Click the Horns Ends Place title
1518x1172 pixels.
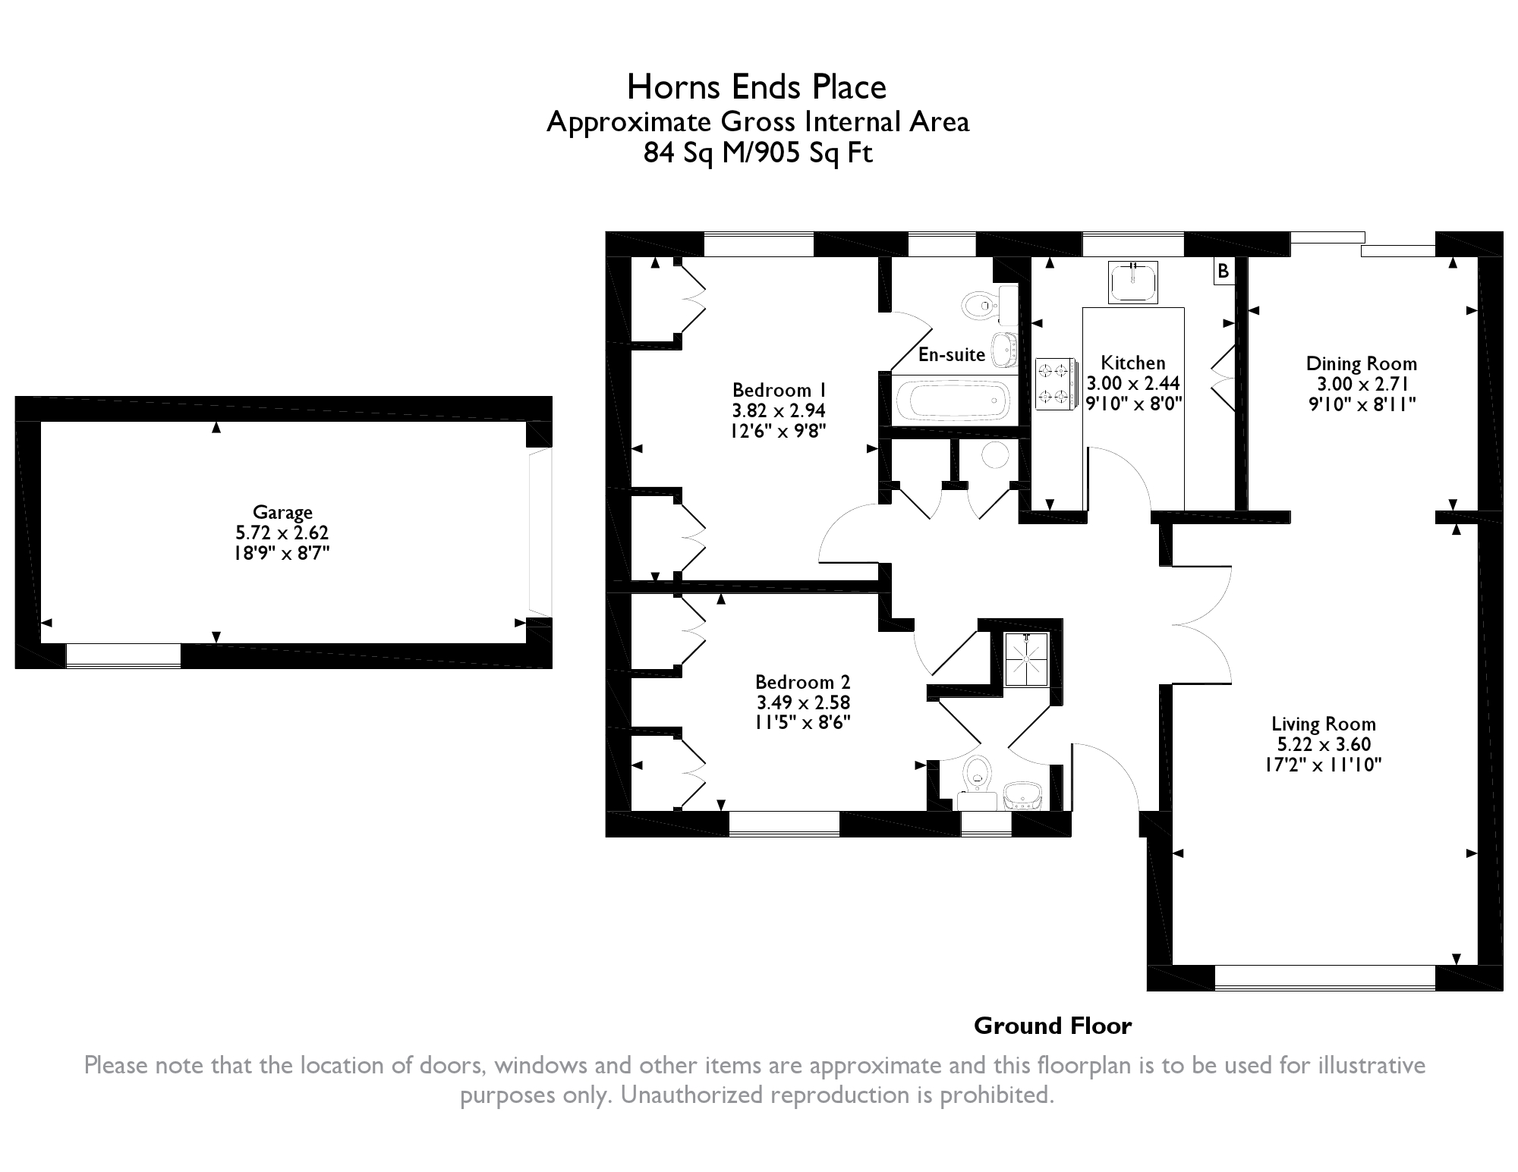pos(756,87)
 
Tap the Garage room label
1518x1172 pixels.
pos(282,513)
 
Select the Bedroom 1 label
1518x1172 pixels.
pos(779,390)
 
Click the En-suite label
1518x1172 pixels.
pos(952,354)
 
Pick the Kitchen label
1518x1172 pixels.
pos(1132,363)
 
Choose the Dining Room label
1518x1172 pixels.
pos(1361,363)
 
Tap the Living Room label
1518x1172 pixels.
pos(1324,724)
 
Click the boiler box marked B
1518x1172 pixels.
pos(1223,271)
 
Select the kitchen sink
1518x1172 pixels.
pos(1133,281)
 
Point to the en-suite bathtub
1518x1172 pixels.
pos(953,399)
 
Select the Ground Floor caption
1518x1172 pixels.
pos(1053,1026)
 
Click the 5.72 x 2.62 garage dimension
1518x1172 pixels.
pos(282,533)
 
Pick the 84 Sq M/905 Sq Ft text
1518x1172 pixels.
pos(758,152)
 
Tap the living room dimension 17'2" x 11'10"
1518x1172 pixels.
pos(1323,764)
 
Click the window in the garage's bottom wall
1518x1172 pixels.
pos(124,655)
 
